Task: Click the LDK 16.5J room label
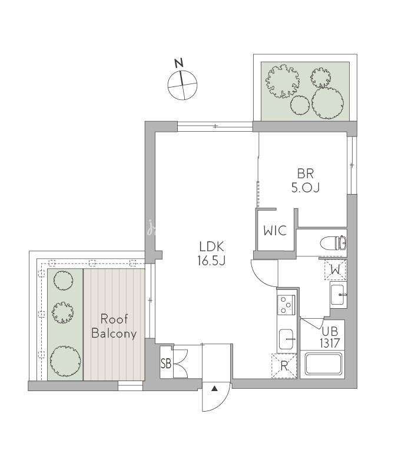point(211,253)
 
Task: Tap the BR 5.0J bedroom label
point(306,181)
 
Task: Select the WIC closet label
point(275,231)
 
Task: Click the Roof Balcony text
point(114,326)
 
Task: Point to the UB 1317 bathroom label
point(330,337)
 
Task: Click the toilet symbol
point(333,242)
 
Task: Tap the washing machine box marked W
point(336,270)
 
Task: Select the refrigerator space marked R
point(284,366)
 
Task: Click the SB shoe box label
point(166,363)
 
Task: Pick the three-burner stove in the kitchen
point(286,305)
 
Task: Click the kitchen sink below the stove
point(287,339)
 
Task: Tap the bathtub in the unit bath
point(322,363)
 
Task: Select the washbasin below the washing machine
point(338,295)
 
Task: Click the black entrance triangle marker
point(214,389)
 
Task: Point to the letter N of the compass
point(180,63)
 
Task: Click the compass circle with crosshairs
point(182,85)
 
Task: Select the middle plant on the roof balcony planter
point(62,313)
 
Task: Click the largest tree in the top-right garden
point(327,103)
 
